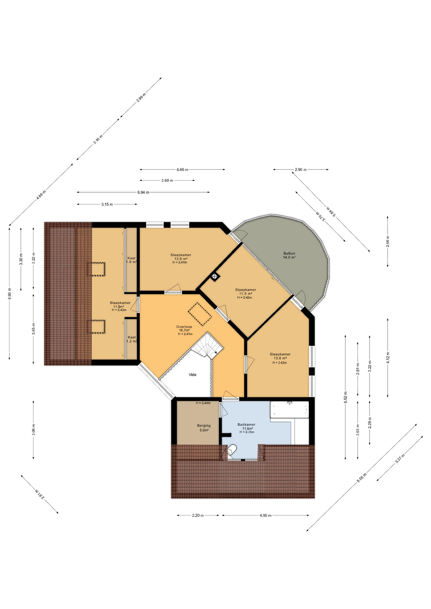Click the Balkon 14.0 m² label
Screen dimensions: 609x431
[x=289, y=255]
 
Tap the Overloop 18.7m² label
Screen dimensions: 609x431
[x=184, y=330]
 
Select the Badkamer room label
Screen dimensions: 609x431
[x=246, y=428]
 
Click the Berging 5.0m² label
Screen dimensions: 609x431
[x=204, y=428]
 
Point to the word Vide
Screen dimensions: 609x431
[x=192, y=375]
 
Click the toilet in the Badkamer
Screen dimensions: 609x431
[x=232, y=450]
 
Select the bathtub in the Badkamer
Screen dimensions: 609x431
[x=289, y=410]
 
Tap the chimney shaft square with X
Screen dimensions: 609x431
[x=215, y=276]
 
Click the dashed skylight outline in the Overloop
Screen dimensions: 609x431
[x=200, y=314]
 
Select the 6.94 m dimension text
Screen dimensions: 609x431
[x=143, y=192]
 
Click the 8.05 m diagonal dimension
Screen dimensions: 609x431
[x=361, y=478]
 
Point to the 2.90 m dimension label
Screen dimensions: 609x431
[x=301, y=170]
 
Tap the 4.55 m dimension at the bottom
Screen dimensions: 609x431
[x=265, y=515]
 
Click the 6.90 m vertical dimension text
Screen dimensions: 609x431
[x=10, y=293]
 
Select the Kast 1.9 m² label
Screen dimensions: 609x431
[x=131, y=260]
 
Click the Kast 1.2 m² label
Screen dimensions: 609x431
[x=131, y=339]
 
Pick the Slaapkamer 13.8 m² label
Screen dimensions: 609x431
[x=181, y=259]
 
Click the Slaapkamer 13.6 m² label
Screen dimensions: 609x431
[x=280, y=358]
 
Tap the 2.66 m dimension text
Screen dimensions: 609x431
[x=388, y=241]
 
